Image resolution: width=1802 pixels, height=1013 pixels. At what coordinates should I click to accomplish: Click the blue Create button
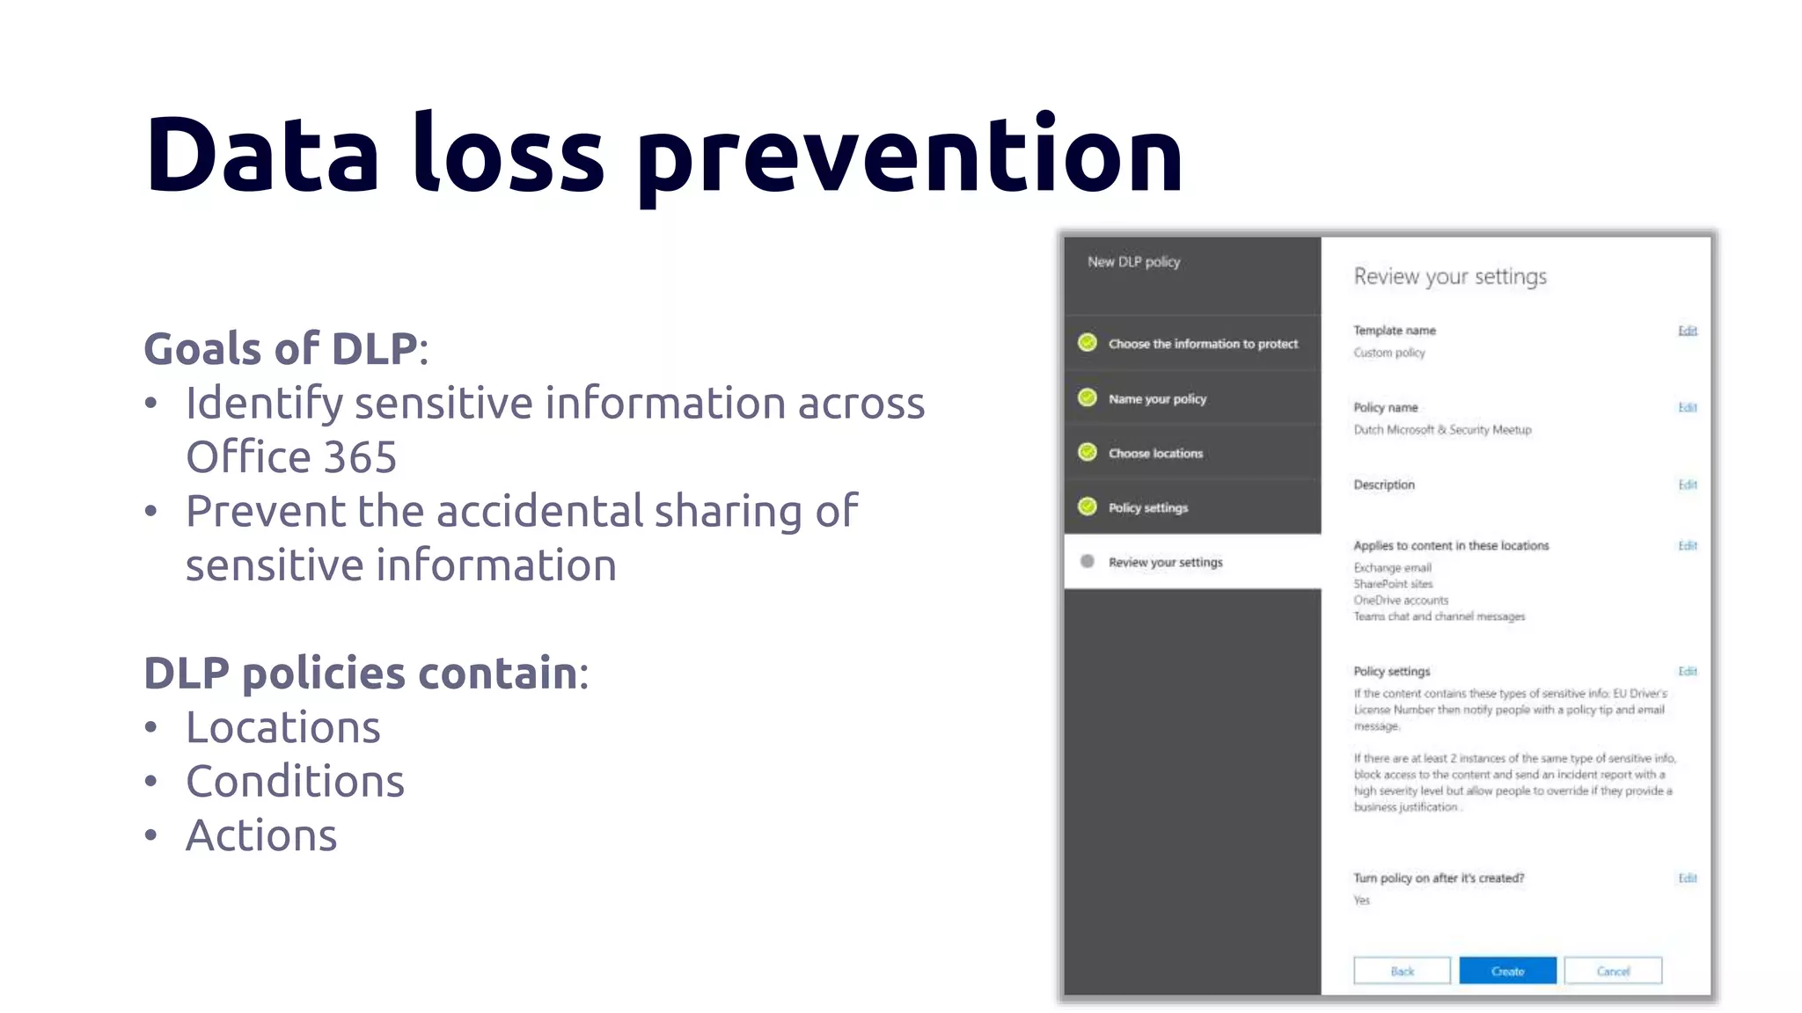pyautogui.click(x=1507, y=971)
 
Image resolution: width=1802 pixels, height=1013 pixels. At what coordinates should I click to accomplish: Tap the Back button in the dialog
pyautogui.click(x=1402, y=971)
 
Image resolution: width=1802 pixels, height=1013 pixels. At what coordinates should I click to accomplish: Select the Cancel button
pyautogui.click(x=1613, y=971)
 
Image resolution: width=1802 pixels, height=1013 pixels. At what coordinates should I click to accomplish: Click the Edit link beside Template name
pyautogui.click(x=1687, y=331)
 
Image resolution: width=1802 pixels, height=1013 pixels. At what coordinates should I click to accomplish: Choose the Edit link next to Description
pyautogui.click(x=1687, y=485)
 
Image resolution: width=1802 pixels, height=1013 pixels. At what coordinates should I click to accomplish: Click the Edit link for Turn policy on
pyautogui.click(x=1687, y=878)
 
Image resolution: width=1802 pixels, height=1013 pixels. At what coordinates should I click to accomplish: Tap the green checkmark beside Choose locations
pyautogui.click(x=1088, y=452)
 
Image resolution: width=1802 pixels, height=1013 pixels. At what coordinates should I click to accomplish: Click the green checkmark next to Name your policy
pyautogui.click(x=1088, y=397)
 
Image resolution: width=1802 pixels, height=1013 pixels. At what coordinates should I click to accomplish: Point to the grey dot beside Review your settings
pyautogui.click(x=1088, y=561)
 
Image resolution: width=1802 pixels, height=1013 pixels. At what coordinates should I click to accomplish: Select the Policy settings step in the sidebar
pyautogui.click(x=1147, y=507)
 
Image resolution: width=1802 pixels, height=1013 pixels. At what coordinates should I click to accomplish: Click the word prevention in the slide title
pyautogui.click(x=910, y=157)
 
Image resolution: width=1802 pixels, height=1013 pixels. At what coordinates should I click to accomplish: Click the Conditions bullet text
pyautogui.click(x=295, y=781)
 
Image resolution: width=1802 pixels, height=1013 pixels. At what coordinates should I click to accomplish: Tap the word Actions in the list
pyautogui.click(x=261, y=834)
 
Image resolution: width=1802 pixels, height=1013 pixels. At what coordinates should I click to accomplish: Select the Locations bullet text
pyautogui.click(x=282, y=727)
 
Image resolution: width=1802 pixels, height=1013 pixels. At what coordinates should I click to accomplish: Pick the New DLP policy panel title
pyautogui.click(x=1133, y=262)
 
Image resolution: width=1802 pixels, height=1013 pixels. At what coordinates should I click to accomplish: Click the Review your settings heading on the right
pyautogui.click(x=1449, y=277)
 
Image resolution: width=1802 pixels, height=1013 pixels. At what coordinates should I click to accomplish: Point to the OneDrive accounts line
pyautogui.click(x=1401, y=600)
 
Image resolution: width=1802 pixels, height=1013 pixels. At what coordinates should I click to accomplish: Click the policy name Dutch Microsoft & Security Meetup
pyautogui.click(x=1442, y=429)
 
